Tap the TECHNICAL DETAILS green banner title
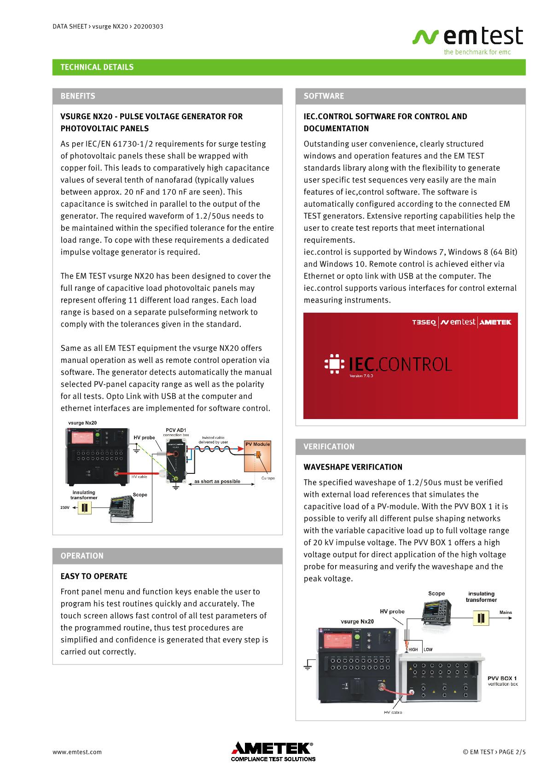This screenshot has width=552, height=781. point(97,67)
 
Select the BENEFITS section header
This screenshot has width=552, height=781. point(78,96)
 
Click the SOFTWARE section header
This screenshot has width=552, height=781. point(324,96)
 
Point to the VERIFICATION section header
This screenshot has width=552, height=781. point(329,447)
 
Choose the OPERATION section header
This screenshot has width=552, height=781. point(82,556)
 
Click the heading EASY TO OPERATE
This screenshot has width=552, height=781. point(94,577)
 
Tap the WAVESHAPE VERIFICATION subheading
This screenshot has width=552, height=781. point(353,467)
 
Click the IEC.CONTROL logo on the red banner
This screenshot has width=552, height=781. point(388,365)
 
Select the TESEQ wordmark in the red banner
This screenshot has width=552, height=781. point(424,322)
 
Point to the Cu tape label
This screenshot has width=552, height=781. point(267,478)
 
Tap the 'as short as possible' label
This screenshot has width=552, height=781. point(217,481)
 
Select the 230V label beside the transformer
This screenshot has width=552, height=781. point(64,507)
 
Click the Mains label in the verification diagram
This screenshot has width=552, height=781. point(506,612)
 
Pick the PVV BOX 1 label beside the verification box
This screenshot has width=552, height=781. point(502,678)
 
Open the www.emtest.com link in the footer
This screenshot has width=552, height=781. point(77,752)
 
